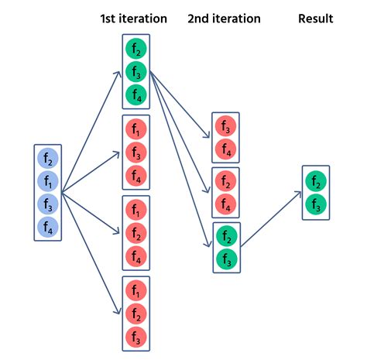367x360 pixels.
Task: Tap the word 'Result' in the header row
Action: click(x=316, y=18)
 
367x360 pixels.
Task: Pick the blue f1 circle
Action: click(x=48, y=182)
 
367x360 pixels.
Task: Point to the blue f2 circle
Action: click(x=48, y=159)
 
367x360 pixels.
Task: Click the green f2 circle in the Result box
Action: click(x=315, y=182)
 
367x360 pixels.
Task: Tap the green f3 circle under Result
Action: click(x=315, y=204)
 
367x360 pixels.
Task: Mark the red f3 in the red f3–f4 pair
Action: click(x=225, y=126)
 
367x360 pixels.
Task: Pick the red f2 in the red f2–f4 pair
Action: click(x=225, y=182)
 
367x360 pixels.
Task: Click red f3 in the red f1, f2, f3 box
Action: click(x=136, y=337)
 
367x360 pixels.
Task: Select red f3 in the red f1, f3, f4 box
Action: click(x=136, y=154)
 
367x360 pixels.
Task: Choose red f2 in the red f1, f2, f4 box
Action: click(x=136, y=233)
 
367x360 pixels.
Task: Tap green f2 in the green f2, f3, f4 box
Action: click(x=136, y=50)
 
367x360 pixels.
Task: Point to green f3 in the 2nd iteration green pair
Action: click(x=225, y=259)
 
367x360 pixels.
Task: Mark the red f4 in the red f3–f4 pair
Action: click(x=225, y=149)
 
